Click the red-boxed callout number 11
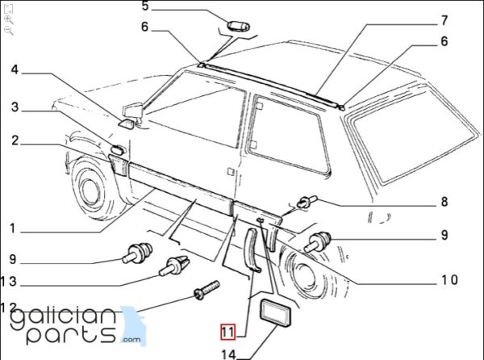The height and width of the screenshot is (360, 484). point(228,332)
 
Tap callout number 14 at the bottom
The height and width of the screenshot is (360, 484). point(229,354)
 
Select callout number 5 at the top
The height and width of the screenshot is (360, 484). point(146,7)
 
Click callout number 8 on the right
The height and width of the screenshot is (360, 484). point(443,203)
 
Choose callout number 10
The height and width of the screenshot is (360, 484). point(449,280)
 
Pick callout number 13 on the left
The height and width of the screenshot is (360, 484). point(9,282)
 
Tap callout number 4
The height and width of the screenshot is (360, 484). point(14,70)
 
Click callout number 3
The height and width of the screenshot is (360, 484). point(15,107)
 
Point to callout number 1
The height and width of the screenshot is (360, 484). point(12,229)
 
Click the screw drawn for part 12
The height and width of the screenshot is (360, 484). point(207,288)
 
